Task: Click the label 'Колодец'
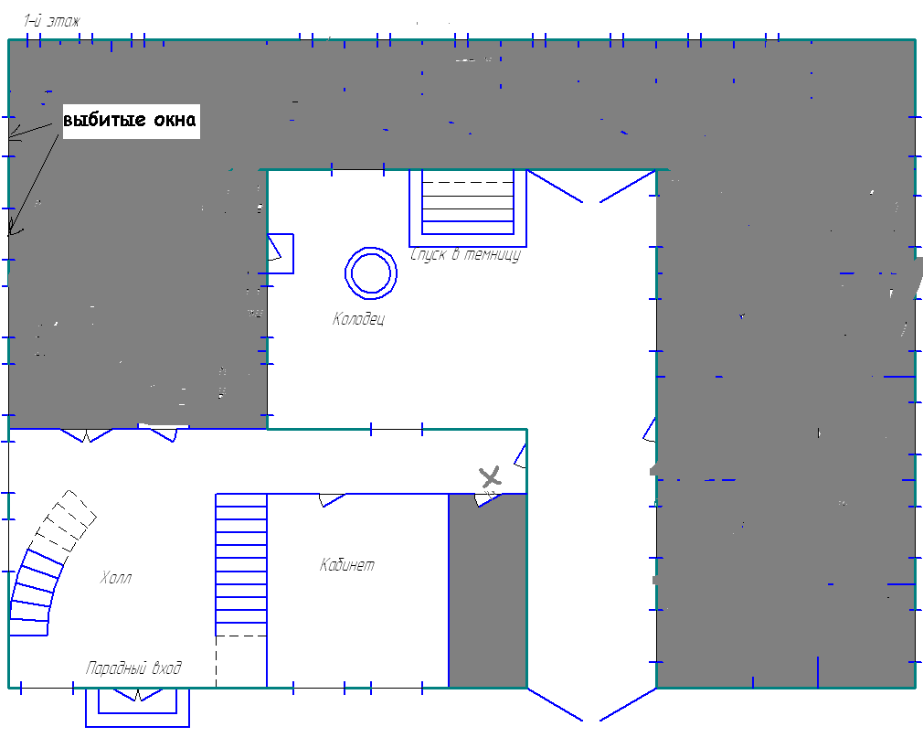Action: click(358, 319)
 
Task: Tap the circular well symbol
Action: click(371, 248)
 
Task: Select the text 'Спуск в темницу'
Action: click(466, 255)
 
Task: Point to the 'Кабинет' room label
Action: click(346, 565)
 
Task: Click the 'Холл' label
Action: click(115, 578)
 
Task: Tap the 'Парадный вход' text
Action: click(133, 668)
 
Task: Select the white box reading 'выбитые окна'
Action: click(132, 122)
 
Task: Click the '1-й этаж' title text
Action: click(51, 22)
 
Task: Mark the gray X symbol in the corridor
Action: click(490, 476)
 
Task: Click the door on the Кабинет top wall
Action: click(333, 500)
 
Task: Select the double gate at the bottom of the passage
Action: click(591, 704)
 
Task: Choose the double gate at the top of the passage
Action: click(591, 187)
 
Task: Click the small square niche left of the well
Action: click(281, 253)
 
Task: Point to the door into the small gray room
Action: click(488, 500)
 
